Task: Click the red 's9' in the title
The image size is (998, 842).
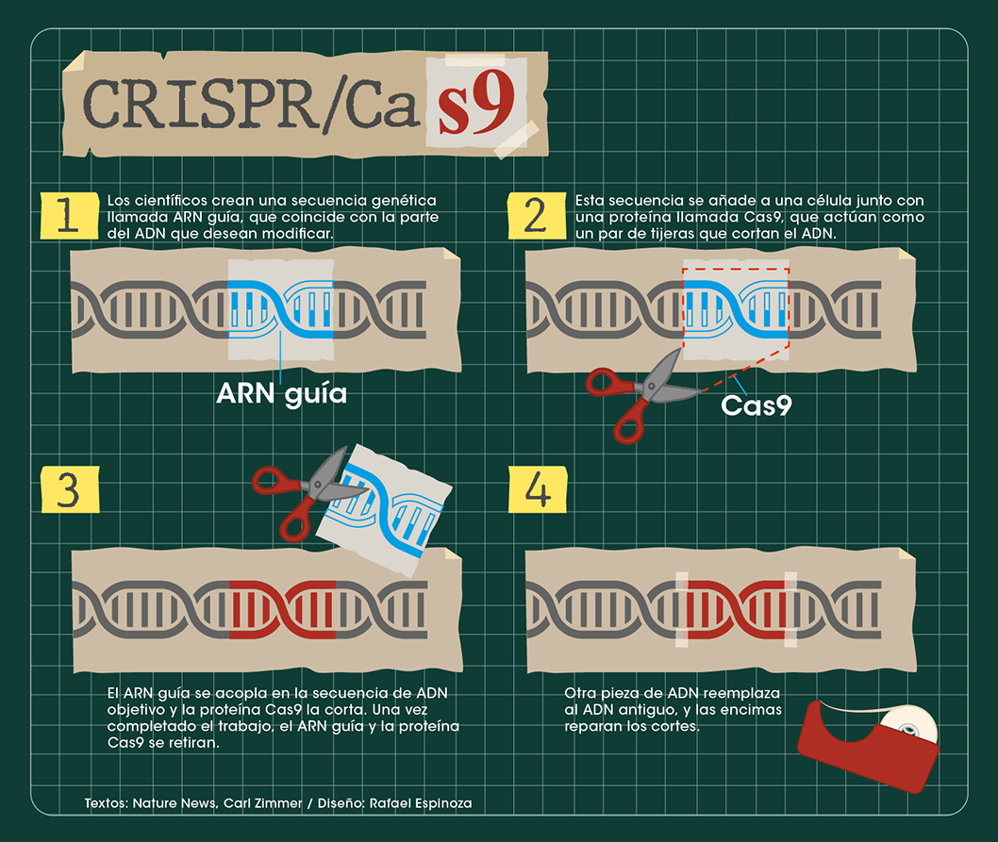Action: [476, 103]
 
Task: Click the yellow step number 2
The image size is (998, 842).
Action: [537, 215]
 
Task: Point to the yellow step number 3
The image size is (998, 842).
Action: [70, 489]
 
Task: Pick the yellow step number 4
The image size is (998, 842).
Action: [538, 489]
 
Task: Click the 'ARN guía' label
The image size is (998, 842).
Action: [281, 394]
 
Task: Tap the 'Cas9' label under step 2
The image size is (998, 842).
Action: [757, 405]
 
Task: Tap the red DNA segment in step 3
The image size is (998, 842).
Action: [283, 609]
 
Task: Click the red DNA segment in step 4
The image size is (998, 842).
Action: [737, 609]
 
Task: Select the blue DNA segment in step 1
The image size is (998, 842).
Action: [281, 309]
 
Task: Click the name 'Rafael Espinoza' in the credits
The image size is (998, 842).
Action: [421, 803]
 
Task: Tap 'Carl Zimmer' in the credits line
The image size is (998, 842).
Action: [262, 803]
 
